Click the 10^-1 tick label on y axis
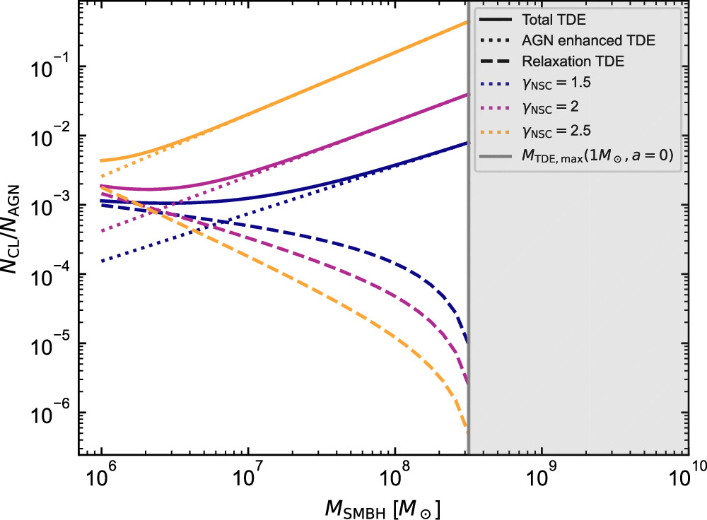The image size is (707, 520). [57, 66]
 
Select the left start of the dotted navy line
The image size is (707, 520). [103, 261]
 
